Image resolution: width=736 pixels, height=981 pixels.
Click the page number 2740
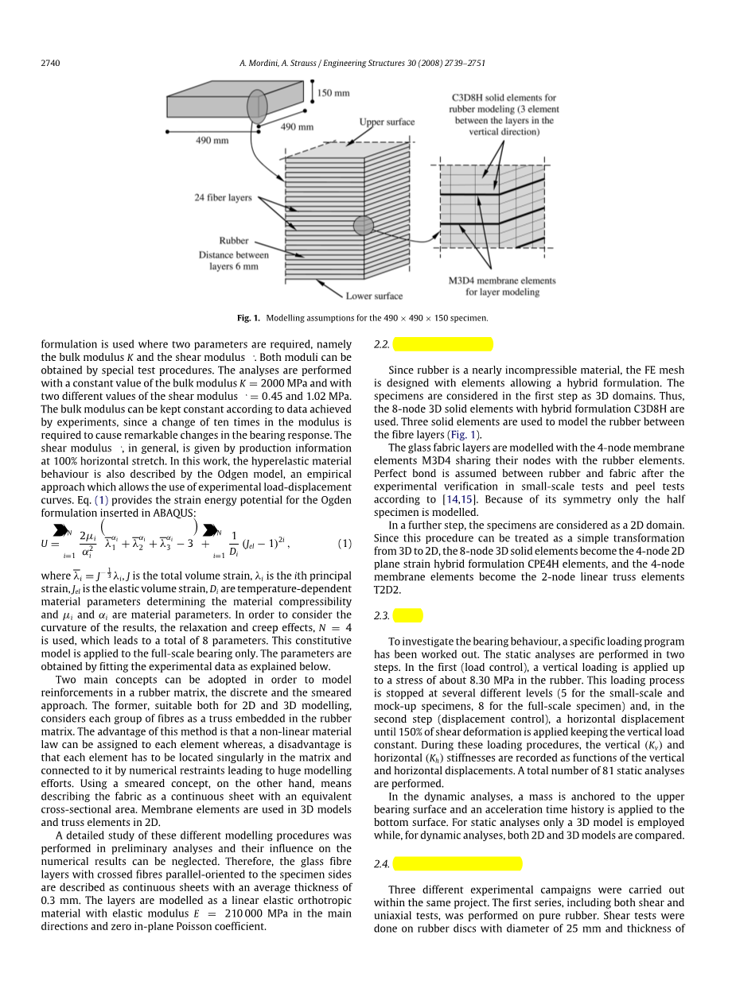pos(50,63)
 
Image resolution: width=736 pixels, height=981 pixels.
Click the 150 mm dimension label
pos(333,93)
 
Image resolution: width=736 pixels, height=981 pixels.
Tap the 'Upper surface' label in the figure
pos(387,122)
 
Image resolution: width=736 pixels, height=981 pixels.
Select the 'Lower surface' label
pos(374,296)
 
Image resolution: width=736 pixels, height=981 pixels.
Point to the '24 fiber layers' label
pos(223,197)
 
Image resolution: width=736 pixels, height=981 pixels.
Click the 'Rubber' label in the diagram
pos(234,240)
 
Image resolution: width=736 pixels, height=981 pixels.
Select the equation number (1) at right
pos(345,544)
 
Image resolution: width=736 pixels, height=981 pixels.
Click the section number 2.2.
pos(381,344)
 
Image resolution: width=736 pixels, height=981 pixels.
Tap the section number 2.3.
pos(381,616)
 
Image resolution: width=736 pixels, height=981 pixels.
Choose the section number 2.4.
pos(381,864)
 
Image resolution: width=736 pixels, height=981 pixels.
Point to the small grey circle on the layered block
pos(364,225)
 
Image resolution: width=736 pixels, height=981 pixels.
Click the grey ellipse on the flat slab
pos(257,107)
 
